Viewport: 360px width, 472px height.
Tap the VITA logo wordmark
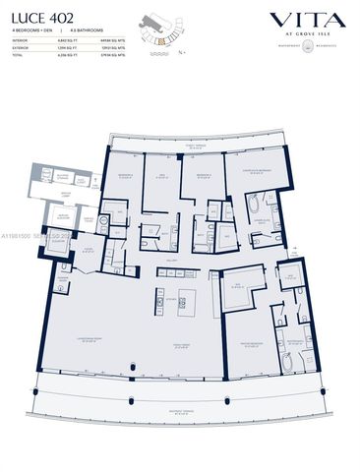(x=307, y=20)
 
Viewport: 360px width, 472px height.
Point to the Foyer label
(x=89, y=250)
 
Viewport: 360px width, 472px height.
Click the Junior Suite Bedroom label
(x=258, y=169)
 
